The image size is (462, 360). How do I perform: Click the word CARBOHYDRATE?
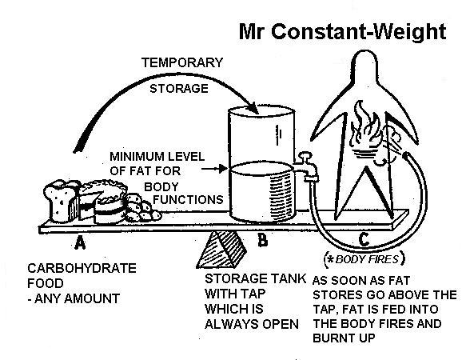tap(70, 270)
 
